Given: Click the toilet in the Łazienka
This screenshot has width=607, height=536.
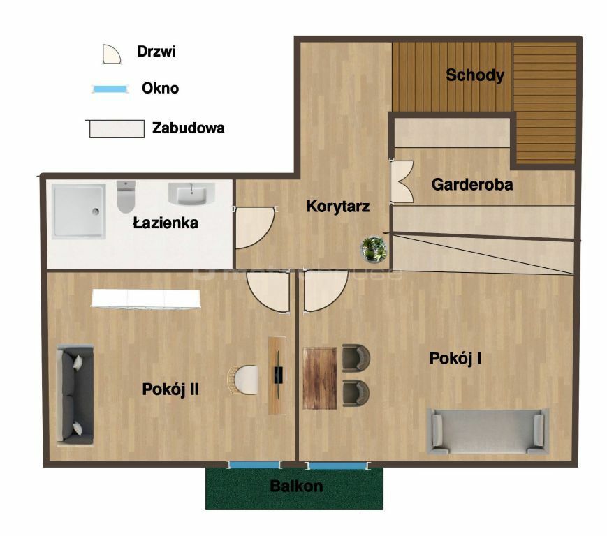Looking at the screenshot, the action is (x=126, y=196).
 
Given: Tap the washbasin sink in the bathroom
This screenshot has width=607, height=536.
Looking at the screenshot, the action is (x=191, y=194).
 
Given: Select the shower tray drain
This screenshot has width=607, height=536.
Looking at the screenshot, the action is (x=96, y=211).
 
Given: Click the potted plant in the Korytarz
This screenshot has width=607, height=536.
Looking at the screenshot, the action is (x=374, y=248).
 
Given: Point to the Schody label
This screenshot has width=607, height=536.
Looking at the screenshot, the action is (x=475, y=75).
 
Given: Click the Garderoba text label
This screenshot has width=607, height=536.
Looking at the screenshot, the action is (x=472, y=184).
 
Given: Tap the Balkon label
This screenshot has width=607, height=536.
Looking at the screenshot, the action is (x=296, y=486).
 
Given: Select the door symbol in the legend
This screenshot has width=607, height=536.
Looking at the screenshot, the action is (x=112, y=54).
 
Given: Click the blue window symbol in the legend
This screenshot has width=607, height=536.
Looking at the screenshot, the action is (x=110, y=89).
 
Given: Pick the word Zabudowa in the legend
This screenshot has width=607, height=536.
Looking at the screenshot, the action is (x=188, y=128).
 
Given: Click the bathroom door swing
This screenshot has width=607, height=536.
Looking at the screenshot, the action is (x=255, y=228).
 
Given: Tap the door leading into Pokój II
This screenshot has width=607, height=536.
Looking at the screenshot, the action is (x=269, y=292).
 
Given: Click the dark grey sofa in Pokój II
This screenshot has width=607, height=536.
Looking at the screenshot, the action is (x=75, y=395).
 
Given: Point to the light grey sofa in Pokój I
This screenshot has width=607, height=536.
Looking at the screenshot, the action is (x=488, y=431).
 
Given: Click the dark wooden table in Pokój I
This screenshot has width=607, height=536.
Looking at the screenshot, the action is (x=320, y=378).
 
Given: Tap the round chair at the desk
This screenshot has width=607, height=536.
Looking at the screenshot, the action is (x=242, y=380).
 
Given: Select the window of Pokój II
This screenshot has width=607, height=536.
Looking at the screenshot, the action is (x=254, y=465).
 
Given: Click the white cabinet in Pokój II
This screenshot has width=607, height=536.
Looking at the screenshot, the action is (x=146, y=299).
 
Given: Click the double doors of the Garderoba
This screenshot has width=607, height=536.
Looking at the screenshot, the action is (x=402, y=181).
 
